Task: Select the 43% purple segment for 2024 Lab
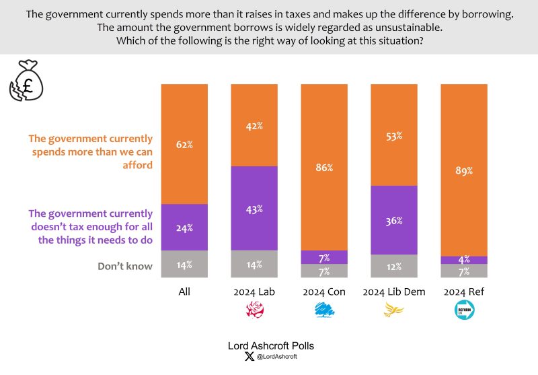254,208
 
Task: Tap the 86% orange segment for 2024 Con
324,167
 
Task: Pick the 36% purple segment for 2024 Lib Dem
394,220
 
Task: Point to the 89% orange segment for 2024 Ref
463,170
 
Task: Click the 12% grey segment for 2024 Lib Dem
394,266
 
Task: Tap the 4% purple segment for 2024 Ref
463,260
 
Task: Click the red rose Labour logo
255,310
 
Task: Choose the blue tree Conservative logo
324,310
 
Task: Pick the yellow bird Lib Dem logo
394,310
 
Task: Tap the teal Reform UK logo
463,310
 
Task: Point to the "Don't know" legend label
125,266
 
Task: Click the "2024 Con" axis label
324,292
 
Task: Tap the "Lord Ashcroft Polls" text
269,345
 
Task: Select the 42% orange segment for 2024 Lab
254,125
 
